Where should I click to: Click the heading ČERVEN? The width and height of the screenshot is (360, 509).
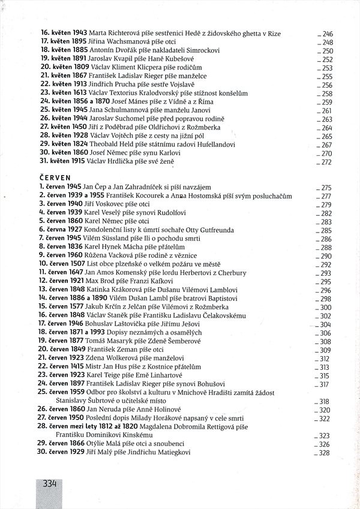point(55,178)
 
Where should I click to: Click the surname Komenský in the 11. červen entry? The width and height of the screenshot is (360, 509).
point(136,272)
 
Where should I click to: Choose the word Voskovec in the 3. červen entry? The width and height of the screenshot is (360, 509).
point(110,204)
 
